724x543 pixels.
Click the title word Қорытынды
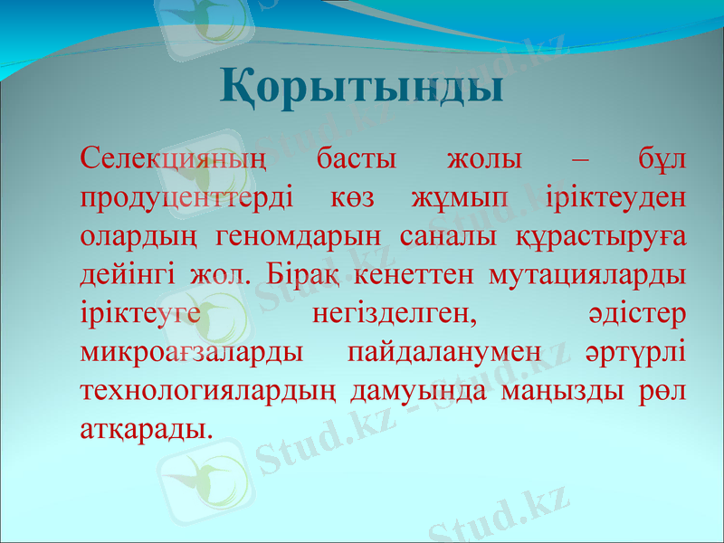point(361,88)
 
